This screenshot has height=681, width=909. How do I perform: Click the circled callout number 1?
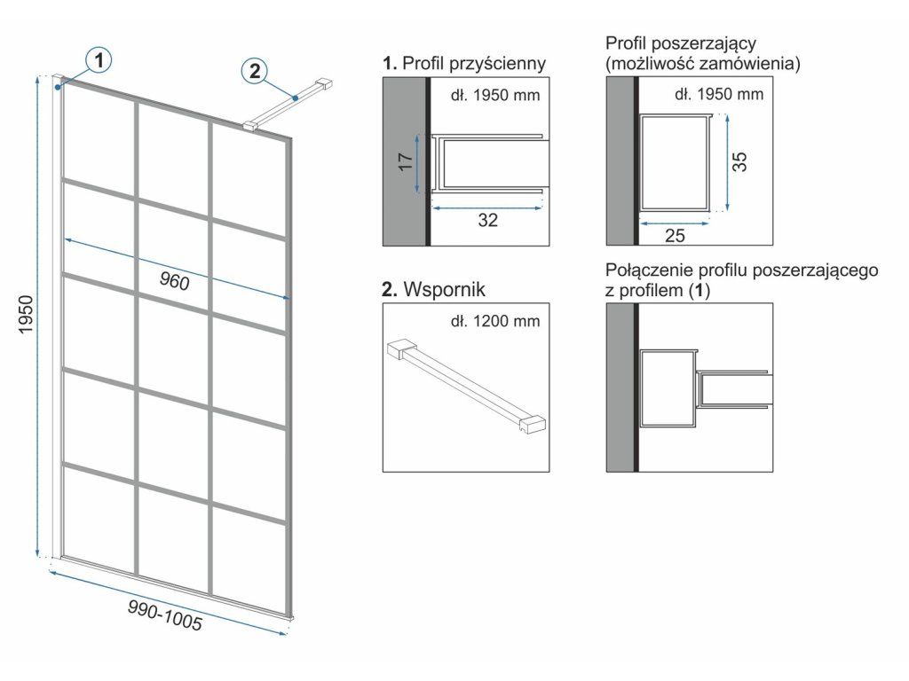coord(99,60)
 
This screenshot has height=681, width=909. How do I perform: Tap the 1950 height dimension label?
coord(28,315)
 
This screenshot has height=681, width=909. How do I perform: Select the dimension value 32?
coord(487,221)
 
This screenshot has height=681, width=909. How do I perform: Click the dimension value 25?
coord(675,236)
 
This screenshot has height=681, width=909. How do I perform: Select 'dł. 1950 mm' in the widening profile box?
coord(719,93)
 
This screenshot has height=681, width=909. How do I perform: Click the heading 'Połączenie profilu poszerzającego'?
coord(741,270)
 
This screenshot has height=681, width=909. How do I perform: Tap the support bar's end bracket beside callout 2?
coord(326,84)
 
